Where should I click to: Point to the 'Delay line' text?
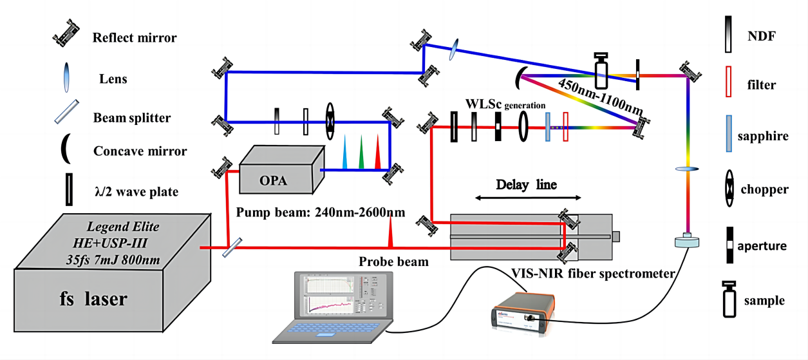[x=526, y=184]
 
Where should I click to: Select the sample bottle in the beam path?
[x=601, y=70]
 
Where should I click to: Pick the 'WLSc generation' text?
[x=505, y=104]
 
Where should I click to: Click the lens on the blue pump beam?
[x=455, y=50]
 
